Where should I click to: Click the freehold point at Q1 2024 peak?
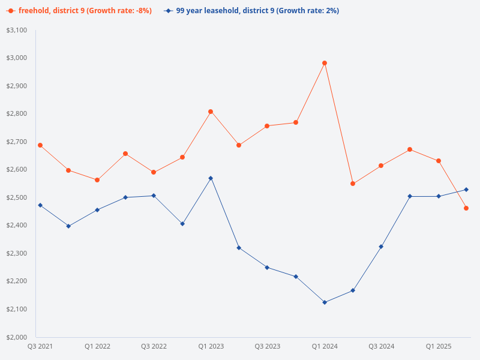pyautogui.click(x=325, y=63)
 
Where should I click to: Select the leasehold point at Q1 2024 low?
pyautogui.click(x=325, y=302)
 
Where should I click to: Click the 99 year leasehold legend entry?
pyautogui.click(x=255, y=11)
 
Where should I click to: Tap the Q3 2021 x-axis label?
pyautogui.click(x=40, y=346)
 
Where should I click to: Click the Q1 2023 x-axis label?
pyautogui.click(x=211, y=346)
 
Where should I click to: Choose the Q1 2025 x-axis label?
pyautogui.click(x=439, y=346)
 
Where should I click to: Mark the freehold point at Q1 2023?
pyautogui.click(x=211, y=112)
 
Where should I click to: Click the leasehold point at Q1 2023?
pyautogui.click(x=211, y=178)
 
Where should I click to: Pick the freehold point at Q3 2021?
pyautogui.click(x=40, y=145)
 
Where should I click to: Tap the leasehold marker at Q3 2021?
pyautogui.click(x=40, y=205)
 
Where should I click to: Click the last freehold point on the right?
pyautogui.click(x=466, y=208)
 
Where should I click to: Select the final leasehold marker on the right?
pyautogui.click(x=466, y=190)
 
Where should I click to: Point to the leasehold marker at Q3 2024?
pyautogui.click(x=381, y=247)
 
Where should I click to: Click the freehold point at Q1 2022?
pyautogui.click(x=97, y=180)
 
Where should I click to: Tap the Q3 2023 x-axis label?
pyautogui.click(x=268, y=346)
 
